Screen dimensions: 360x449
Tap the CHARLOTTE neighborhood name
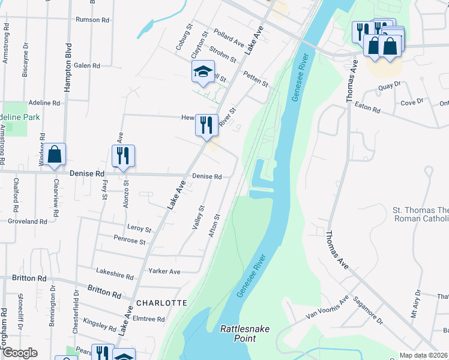(x=162, y=303)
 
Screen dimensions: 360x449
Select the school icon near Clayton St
(x=203, y=73)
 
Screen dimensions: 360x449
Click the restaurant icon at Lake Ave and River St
(x=206, y=126)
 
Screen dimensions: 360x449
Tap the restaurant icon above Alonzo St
(x=123, y=156)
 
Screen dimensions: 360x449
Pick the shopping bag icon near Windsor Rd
(x=55, y=155)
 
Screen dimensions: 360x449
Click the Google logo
(x=19, y=353)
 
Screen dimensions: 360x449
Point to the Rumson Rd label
(x=92, y=20)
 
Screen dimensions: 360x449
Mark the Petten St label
(x=256, y=78)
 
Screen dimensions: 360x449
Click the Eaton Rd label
(x=367, y=110)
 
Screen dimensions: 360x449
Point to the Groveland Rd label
(x=28, y=221)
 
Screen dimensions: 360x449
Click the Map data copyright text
(x=424, y=355)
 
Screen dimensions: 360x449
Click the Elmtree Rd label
(x=148, y=319)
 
